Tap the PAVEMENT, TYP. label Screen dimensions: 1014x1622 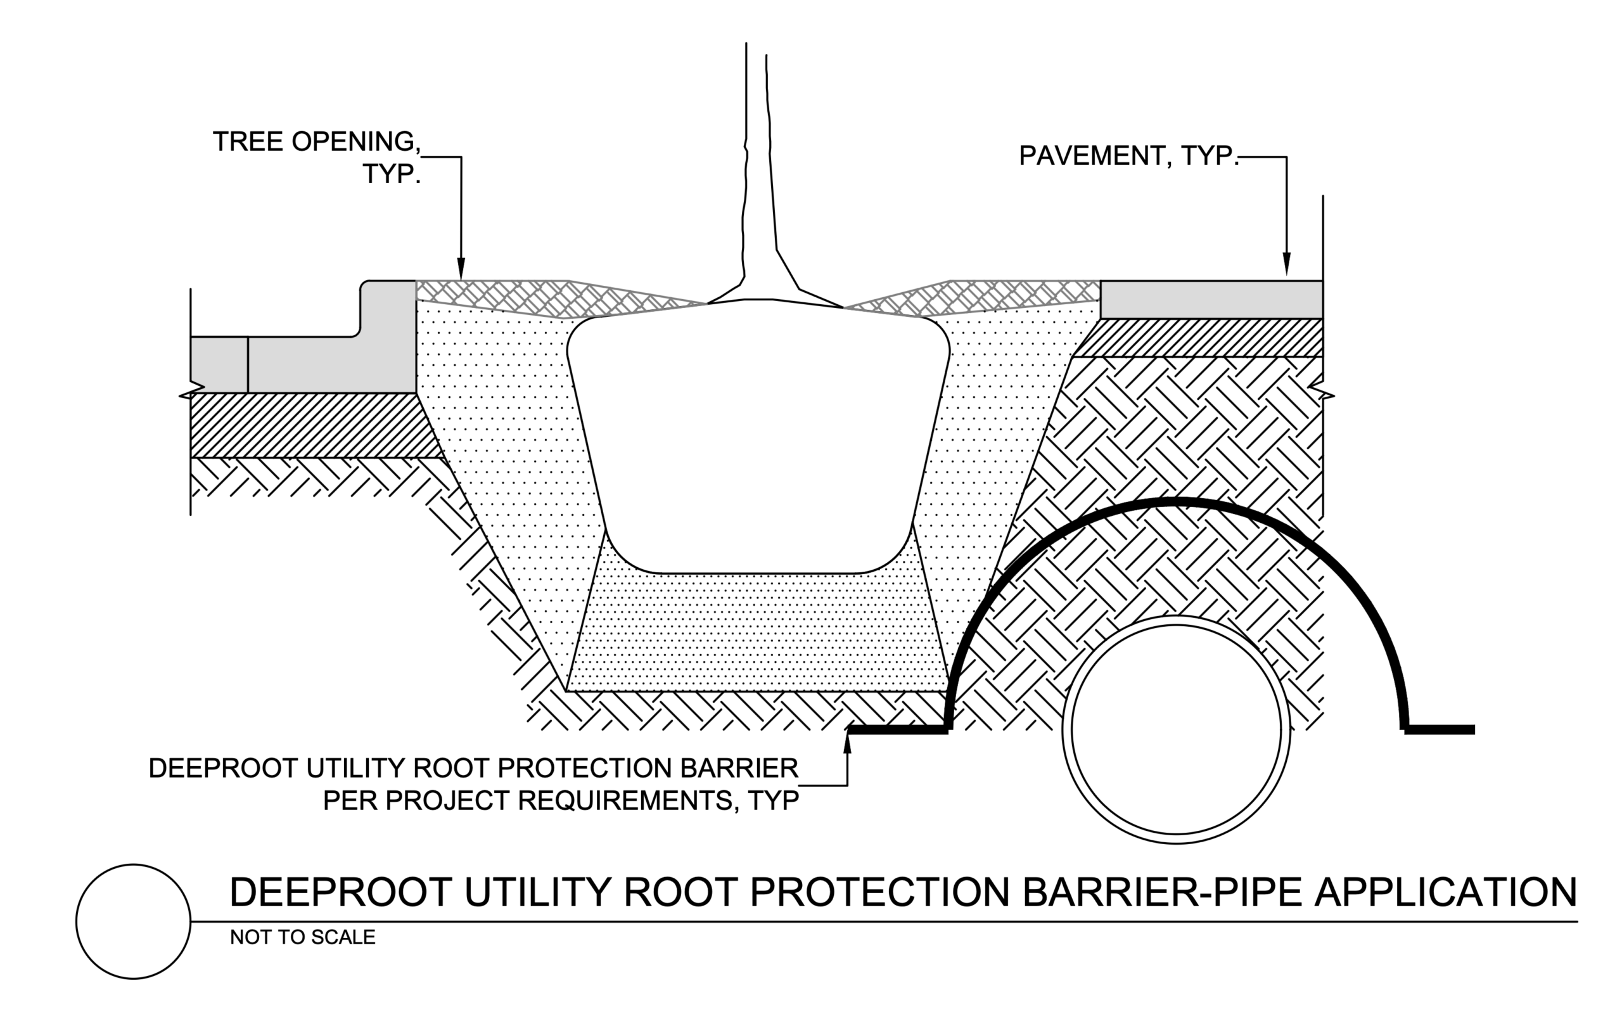[1128, 156]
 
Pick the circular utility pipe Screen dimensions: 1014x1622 [1177, 729]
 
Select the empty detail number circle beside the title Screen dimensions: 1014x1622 [134, 921]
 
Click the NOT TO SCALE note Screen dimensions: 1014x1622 [302, 937]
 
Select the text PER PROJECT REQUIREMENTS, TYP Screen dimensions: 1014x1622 [561, 800]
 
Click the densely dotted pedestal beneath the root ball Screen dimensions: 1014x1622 [757, 631]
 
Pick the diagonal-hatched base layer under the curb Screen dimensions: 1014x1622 [309, 426]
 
